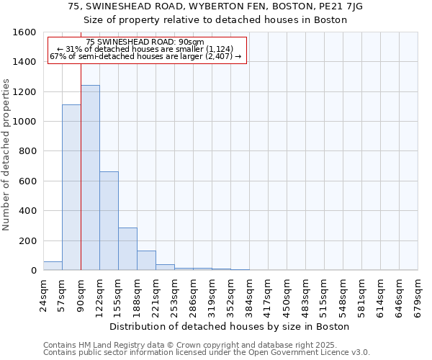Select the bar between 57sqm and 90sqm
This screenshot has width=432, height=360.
click(71, 187)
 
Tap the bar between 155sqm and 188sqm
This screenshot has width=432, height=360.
click(127, 249)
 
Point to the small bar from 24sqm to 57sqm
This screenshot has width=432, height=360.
click(53, 266)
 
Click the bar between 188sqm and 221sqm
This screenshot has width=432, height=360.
click(146, 261)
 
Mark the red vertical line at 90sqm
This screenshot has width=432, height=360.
click(81, 180)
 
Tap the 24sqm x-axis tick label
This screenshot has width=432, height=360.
click(43, 295)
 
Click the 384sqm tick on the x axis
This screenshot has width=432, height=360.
click(249, 295)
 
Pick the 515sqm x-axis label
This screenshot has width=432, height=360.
click(324, 295)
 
